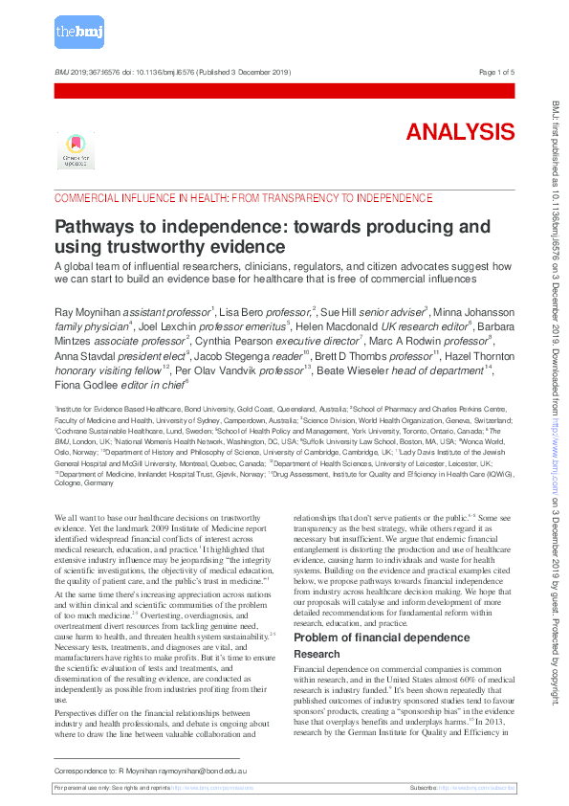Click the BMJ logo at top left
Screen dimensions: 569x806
click(78, 34)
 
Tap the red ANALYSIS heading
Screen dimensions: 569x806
click(460, 132)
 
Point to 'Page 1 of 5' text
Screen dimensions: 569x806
click(496, 72)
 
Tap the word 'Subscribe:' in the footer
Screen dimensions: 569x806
click(426, 787)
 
